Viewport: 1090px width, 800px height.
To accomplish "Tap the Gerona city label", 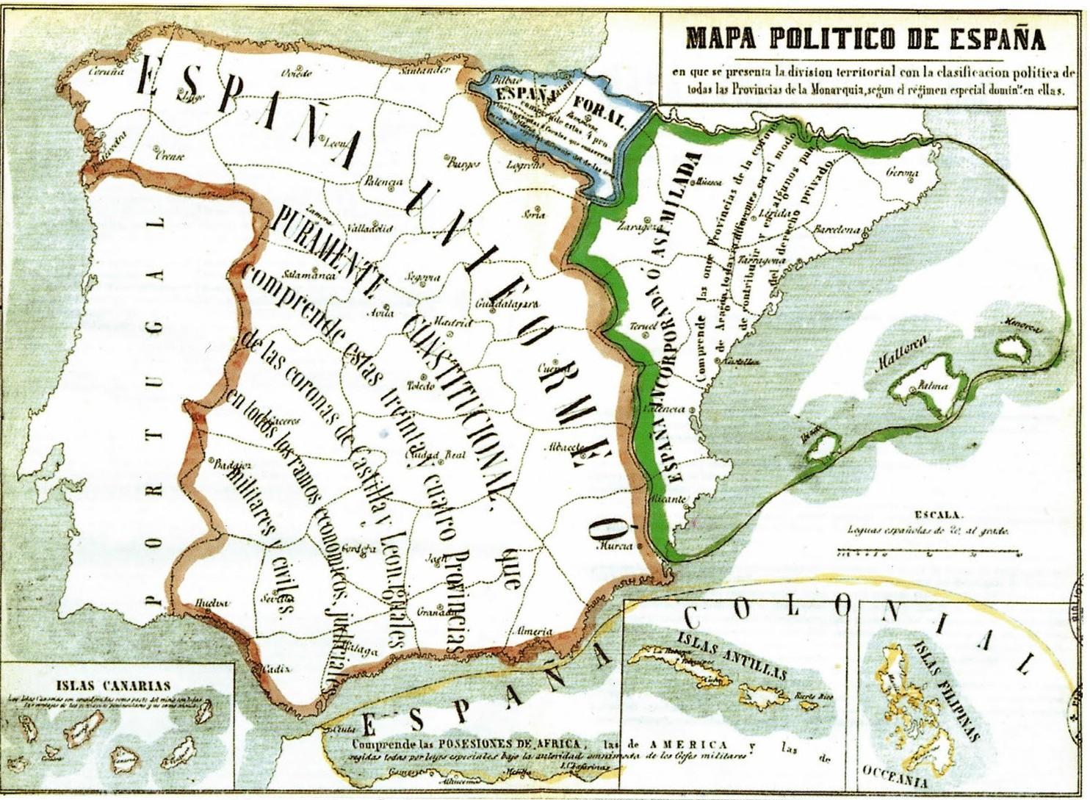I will point(903,173).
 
